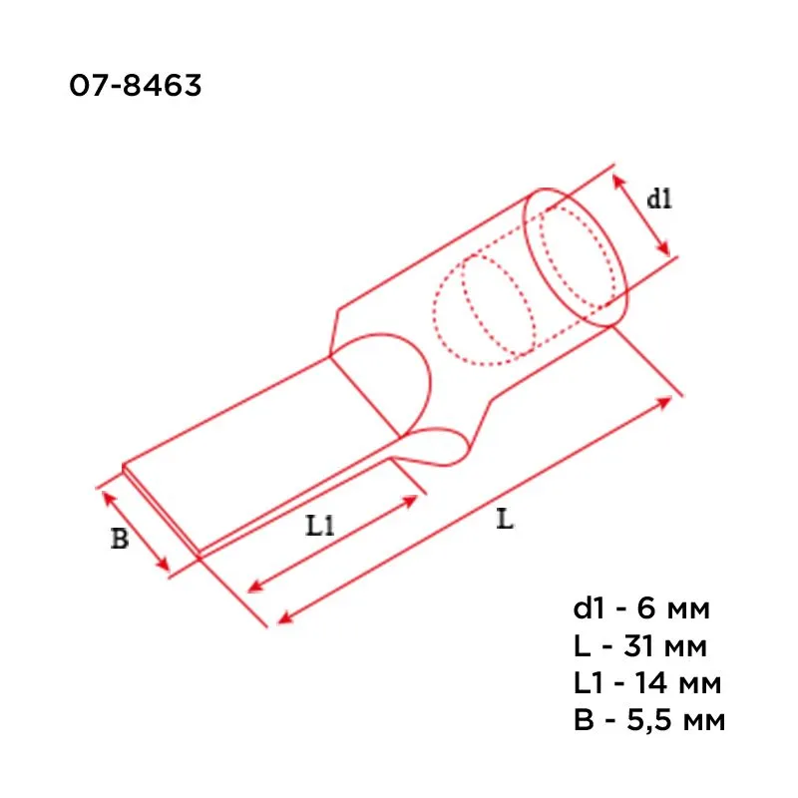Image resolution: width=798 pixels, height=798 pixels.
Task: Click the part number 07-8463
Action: point(136,87)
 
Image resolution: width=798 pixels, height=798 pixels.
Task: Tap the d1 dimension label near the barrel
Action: point(659,199)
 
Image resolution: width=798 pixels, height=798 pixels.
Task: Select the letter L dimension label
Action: point(505,519)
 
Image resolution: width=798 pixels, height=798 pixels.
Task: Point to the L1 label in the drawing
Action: point(319,526)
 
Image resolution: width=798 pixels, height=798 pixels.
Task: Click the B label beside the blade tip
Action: point(119,540)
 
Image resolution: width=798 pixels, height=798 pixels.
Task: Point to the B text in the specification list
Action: point(583,720)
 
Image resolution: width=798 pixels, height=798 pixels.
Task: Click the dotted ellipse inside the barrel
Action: point(483,305)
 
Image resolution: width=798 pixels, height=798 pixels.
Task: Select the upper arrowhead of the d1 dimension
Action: point(617,180)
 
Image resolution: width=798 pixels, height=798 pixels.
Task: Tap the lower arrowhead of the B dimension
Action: point(165,568)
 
